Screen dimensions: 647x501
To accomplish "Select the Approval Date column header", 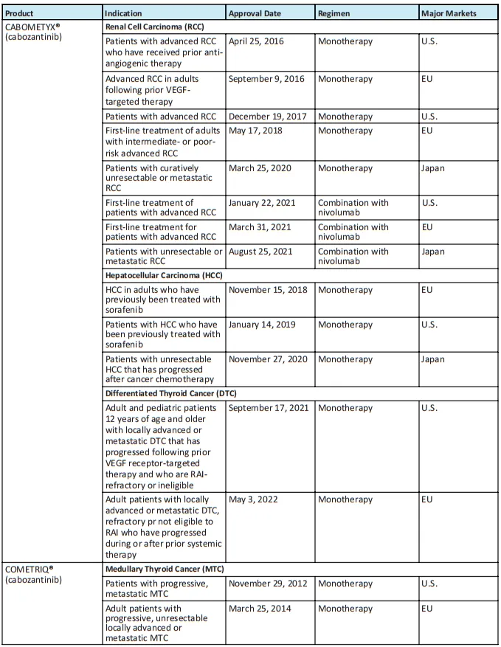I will tap(259, 13).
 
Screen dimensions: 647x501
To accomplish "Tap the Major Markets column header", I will tap(448, 13).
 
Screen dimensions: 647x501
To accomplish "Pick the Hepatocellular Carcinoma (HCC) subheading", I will tap(164, 275).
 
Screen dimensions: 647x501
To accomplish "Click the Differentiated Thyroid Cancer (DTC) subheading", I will tap(170, 393).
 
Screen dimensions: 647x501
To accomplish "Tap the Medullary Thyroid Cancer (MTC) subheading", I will tap(165, 569).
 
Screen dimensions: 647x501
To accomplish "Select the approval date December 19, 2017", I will tap(268, 116).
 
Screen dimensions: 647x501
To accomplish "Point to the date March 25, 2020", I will tap(260, 167).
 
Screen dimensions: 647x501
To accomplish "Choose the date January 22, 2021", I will tap(263, 202).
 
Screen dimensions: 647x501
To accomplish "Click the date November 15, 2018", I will tap(268, 290).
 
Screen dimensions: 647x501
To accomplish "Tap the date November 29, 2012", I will tap(268, 584).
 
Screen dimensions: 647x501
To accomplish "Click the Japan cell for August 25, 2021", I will tap(433, 252).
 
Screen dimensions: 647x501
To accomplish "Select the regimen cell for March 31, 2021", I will tap(353, 232).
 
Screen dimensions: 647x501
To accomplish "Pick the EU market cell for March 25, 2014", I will tap(427, 609).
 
